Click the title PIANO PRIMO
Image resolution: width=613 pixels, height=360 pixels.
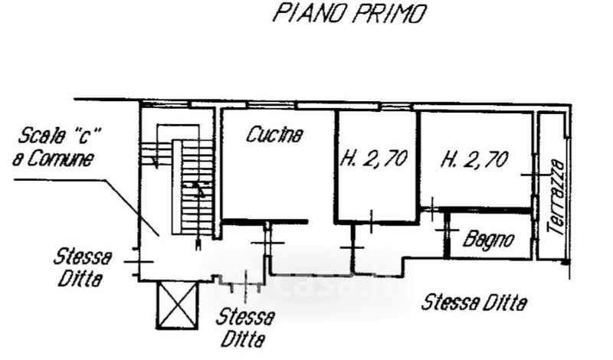point(349,15)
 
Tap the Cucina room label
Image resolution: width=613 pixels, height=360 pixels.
point(274,136)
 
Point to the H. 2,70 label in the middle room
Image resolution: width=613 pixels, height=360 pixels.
point(373,160)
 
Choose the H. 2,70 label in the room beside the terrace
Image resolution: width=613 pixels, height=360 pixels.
point(475,160)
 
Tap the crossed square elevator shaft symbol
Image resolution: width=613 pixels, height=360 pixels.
point(176,305)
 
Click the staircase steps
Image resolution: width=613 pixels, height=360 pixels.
point(198,188)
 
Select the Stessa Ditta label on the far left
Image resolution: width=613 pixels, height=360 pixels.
point(83,267)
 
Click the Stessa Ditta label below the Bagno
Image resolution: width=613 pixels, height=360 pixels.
point(475,303)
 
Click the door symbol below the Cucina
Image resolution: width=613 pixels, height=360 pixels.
point(267,242)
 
